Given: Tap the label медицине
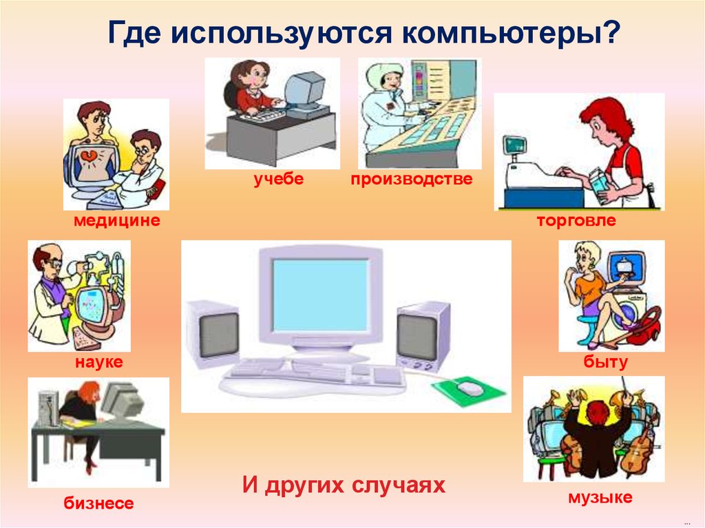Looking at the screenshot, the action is point(117,220).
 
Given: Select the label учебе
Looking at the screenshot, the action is point(279,179).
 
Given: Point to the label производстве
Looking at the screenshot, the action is point(412,179).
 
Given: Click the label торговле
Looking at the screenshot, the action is point(576,220).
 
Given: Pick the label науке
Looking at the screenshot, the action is point(99,362).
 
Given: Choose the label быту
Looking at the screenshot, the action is point(606,361).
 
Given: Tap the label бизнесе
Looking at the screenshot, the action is point(98,503).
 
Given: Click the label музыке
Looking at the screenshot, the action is point(600,498).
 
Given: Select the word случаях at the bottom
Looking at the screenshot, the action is point(399,485).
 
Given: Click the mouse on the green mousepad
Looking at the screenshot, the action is point(470,388).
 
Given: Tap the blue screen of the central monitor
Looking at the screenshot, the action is point(321,295).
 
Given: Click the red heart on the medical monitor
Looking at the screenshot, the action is point(89,156).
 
